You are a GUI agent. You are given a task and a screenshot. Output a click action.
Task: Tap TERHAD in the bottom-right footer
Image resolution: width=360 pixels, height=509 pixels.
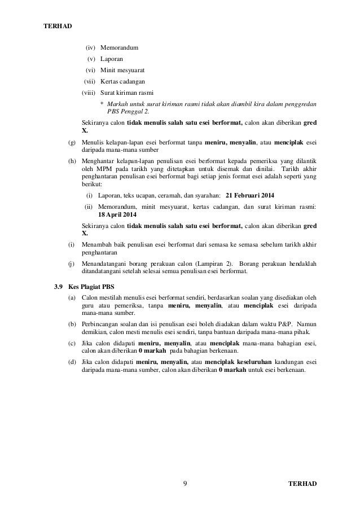302,484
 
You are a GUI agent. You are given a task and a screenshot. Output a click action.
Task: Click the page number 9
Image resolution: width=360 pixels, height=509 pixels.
186,484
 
